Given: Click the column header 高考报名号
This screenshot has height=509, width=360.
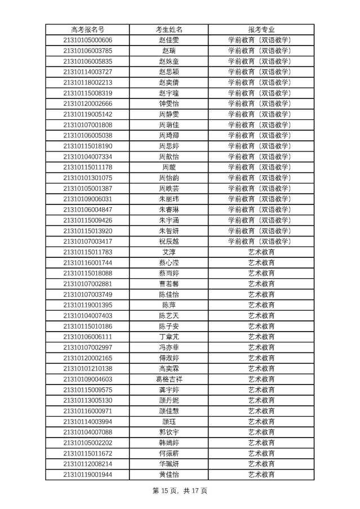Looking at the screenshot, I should tap(87, 29).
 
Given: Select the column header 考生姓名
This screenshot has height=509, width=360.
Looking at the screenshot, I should tap(168, 29).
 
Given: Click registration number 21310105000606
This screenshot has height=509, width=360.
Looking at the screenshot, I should tap(87, 40).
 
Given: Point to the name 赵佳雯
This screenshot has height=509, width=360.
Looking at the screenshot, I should tap(168, 40).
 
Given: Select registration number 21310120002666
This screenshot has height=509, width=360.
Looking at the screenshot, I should tap(87, 104).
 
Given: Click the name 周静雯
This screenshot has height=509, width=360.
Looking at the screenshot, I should tap(168, 114).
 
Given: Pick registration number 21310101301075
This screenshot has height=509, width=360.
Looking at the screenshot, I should tap(87, 178).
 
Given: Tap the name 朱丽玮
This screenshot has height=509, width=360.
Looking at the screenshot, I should tap(168, 199).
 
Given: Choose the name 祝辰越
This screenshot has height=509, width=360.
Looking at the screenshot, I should tap(168, 242).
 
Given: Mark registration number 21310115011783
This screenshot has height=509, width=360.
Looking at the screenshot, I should tap(87, 252).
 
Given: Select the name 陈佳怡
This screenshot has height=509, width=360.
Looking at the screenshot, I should tap(168, 294).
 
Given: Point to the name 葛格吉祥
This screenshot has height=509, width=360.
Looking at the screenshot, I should tap(168, 379).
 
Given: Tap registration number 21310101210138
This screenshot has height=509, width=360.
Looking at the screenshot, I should tap(87, 369).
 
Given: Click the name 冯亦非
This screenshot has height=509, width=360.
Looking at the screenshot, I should tap(168, 347).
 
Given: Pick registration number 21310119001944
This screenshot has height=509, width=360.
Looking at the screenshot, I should tap(87, 475).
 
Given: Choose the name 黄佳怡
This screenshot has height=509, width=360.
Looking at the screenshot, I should tap(168, 475).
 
